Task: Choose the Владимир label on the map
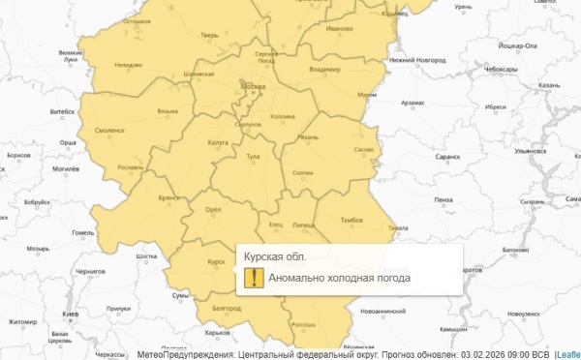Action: tap(323, 71)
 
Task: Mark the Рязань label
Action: tap(308, 137)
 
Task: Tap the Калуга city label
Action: tap(218, 142)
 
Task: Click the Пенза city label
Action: tap(443, 199)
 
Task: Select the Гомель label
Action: tap(83, 232)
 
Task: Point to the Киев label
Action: tap(71, 315)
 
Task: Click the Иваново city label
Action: tap(339, 29)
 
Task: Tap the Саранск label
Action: tap(447, 155)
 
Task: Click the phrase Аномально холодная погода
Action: tap(339, 278)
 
